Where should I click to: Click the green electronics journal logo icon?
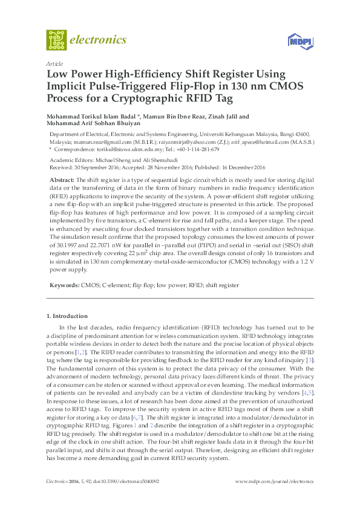click(x=57, y=40)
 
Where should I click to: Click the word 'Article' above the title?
click(x=54, y=63)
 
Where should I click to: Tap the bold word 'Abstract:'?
click(x=64, y=181)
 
